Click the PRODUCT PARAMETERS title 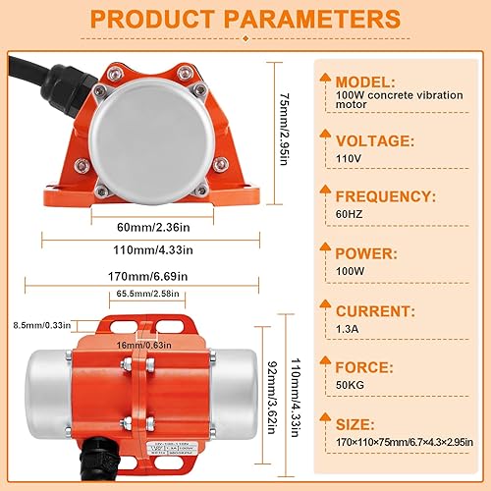click(245, 21)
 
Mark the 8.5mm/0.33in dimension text click(35, 325)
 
